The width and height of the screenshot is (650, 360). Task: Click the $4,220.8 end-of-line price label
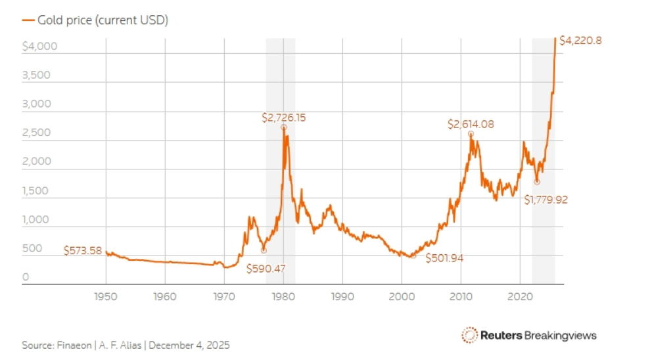tap(580, 41)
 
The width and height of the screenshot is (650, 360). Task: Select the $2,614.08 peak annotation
tap(471, 124)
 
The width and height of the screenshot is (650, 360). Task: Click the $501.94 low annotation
tap(444, 258)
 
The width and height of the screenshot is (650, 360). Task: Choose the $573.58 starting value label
tap(83, 250)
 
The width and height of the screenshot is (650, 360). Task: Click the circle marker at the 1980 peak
tap(283, 127)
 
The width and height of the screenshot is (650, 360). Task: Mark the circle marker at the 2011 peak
tap(471, 133)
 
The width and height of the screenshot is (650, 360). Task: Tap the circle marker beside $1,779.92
tap(537, 182)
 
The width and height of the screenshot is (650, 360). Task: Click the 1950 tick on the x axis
tap(106, 296)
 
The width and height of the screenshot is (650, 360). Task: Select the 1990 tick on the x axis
tap(342, 296)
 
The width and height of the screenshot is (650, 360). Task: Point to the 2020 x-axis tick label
tap(520, 296)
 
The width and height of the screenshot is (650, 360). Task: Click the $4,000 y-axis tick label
tap(40, 47)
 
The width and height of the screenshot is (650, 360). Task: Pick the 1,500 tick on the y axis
tap(35, 191)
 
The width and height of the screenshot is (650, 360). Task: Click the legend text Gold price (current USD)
tap(103, 20)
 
